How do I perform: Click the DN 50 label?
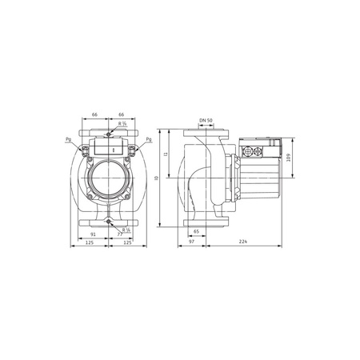[205, 120]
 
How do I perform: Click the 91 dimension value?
[96, 234]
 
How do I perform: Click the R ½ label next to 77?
[126, 230]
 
